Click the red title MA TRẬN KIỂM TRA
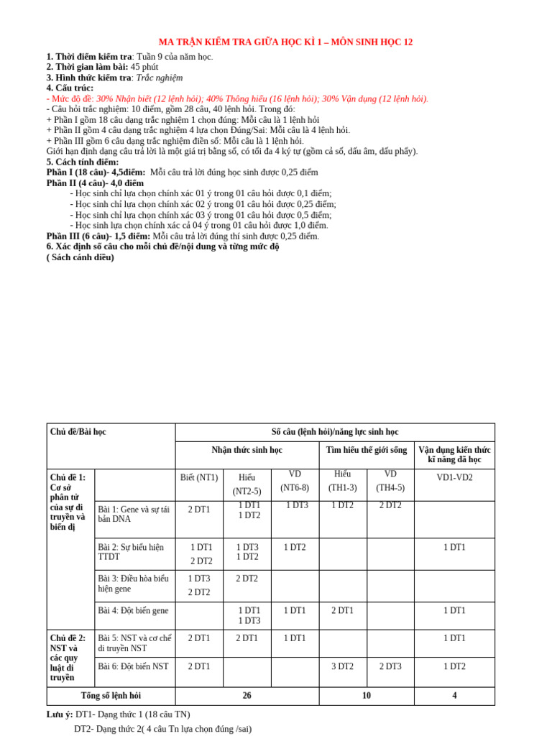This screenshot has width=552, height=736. point(285,42)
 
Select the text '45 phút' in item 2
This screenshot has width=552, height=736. point(144,67)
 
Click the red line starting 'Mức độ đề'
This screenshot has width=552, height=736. point(237,98)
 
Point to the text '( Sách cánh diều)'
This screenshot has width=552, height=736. point(80,257)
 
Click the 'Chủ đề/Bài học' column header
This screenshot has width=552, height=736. point(78,432)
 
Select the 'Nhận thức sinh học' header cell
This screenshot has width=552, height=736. point(247,450)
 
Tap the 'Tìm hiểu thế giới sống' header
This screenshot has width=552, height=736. point(367,450)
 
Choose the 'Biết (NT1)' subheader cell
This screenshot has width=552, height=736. point(199,477)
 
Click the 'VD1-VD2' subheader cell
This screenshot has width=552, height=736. point(454,477)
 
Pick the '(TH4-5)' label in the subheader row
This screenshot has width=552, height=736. point(390,488)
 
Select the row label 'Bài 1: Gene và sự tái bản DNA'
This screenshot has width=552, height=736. point(134,514)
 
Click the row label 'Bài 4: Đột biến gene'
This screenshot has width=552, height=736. point(133,611)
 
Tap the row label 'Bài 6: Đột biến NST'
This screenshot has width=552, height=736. point(133,666)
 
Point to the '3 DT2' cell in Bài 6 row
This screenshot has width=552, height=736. point(343,666)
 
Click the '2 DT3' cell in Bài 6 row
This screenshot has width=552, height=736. point(390,666)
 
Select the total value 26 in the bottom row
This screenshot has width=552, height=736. point(247,696)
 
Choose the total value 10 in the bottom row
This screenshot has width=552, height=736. point(367,696)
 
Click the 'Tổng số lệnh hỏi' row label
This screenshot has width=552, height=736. point(111,696)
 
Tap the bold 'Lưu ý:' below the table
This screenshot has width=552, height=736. point(60,714)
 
